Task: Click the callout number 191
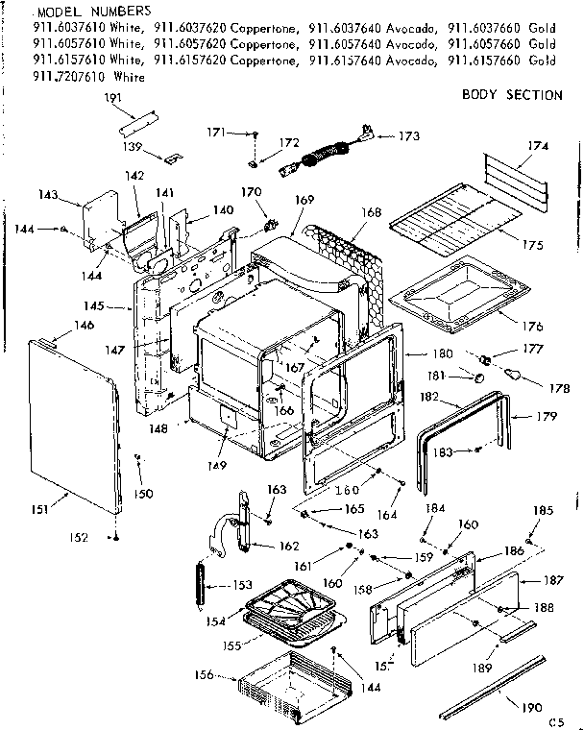point(113,98)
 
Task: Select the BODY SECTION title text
point(512,94)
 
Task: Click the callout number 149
point(216,466)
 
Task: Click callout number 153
point(242,585)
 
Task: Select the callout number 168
point(371,211)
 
